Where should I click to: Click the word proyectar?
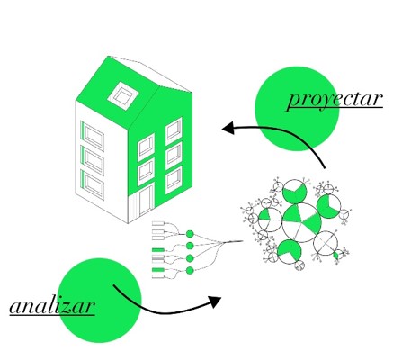pyautogui.click(x=335, y=100)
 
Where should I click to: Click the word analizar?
pyautogui.click(x=52, y=307)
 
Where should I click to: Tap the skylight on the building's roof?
pyautogui.click(x=123, y=94)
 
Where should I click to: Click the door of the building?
pyautogui.click(x=147, y=201)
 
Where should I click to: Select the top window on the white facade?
pyautogui.click(x=94, y=136)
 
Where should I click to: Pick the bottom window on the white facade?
pyautogui.click(x=94, y=185)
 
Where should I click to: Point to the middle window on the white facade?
pyautogui.click(x=94, y=161)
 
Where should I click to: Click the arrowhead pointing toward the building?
pyautogui.click(x=228, y=128)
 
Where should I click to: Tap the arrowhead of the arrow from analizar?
pyautogui.click(x=215, y=301)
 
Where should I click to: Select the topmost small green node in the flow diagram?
pyautogui.click(x=190, y=234)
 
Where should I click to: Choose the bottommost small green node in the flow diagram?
pyautogui.click(x=190, y=271)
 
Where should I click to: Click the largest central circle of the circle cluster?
pyautogui.click(x=301, y=222)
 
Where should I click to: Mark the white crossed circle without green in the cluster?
pyautogui.click(x=326, y=243)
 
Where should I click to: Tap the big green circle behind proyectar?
pyautogui.click(x=297, y=109)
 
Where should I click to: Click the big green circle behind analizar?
pyautogui.click(x=99, y=301)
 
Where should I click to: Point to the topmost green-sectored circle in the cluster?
pyautogui.click(x=295, y=191)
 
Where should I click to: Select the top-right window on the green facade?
pyautogui.click(x=174, y=130)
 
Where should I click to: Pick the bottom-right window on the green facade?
pyautogui.click(x=174, y=180)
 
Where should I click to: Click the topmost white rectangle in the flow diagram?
pyautogui.click(x=158, y=223)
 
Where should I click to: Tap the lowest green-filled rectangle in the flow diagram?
pyautogui.click(x=158, y=270)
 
